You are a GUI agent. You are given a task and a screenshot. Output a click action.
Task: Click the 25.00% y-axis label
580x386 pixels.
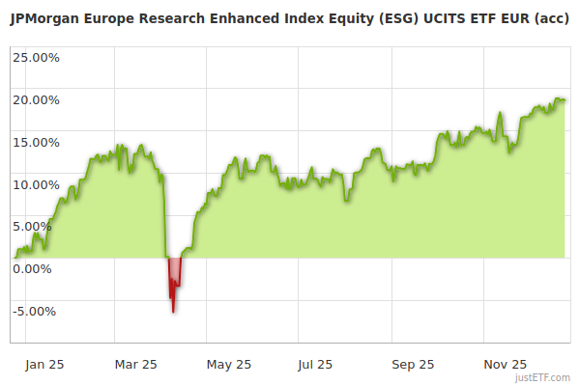coord(36,57)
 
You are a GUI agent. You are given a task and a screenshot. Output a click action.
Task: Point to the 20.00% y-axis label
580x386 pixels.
coord(36,99)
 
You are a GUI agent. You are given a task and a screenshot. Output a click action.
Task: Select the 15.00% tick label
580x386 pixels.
coord(36,142)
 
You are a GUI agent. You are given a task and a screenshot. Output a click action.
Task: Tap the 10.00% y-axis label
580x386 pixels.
coord(36,184)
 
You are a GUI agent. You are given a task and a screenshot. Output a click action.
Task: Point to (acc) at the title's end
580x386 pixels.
coord(547,16)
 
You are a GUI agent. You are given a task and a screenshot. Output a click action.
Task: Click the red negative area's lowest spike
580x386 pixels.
coord(173,311)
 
